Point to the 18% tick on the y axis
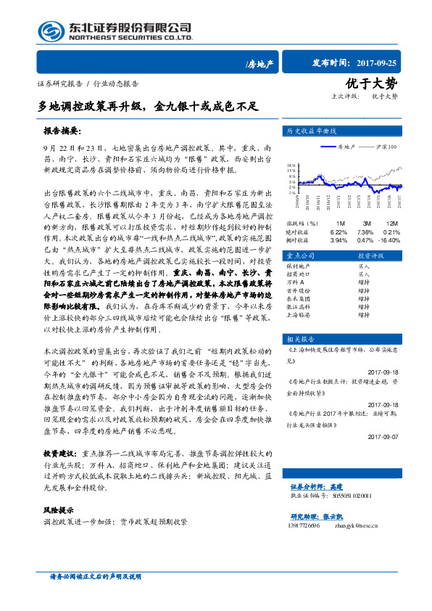click(291, 165)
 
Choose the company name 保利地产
click(299, 266)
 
